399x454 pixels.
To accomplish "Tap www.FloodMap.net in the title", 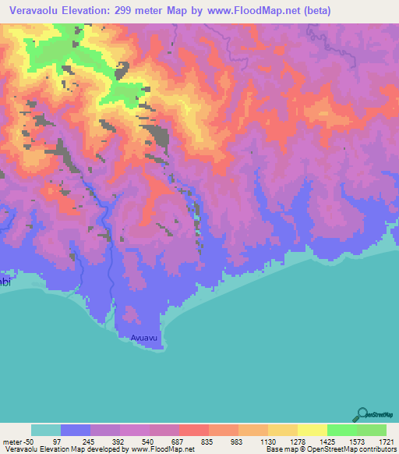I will coord(243,11).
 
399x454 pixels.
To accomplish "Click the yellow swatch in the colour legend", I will coord(312,430).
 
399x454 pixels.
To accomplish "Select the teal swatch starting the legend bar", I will coord(45,430).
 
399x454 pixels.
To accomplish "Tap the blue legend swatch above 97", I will coord(75,430).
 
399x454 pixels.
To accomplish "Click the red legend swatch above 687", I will coord(193,430).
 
